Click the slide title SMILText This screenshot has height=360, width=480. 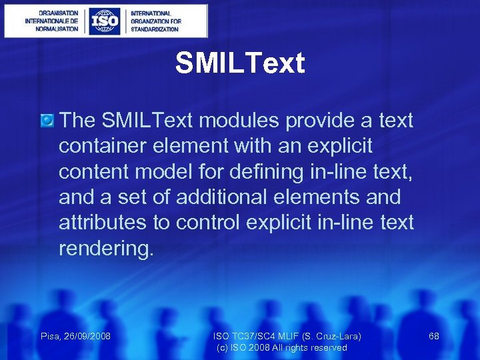[x=240, y=63]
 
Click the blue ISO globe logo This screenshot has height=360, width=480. [x=104, y=21]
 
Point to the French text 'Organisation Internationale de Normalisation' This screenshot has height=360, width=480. [x=51, y=21]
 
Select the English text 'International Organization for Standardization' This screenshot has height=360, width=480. [x=155, y=21]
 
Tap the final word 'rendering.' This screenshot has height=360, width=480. [x=106, y=248]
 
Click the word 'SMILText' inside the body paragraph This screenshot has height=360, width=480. [x=147, y=121]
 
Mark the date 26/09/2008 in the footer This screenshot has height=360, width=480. [x=87, y=337]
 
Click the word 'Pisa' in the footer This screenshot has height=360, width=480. [x=51, y=337]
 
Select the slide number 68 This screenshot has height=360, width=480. [x=434, y=337]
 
